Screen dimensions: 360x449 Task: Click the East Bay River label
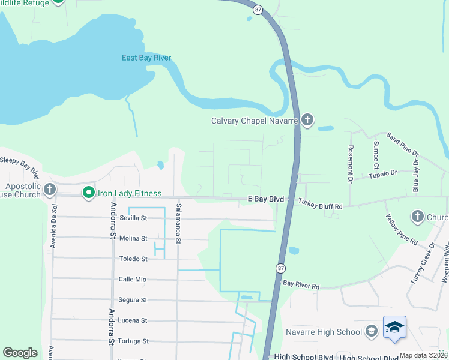click(x=146, y=58)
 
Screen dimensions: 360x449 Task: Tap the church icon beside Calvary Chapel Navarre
click(x=307, y=121)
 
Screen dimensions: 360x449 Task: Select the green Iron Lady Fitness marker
click(x=89, y=193)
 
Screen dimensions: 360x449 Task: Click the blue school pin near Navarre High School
click(x=394, y=327)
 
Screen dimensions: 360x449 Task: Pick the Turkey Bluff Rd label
click(x=321, y=206)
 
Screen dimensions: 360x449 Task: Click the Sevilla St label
click(x=133, y=218)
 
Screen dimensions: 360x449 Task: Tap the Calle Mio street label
click(x=133, y=280)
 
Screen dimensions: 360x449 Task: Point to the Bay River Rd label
click(x=301, y=284)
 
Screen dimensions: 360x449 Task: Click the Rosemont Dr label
click(x=349, y=163)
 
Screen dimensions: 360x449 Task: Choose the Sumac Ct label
click(x=376, y=155)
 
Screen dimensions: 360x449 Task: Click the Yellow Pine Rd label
click(x=401, y=229)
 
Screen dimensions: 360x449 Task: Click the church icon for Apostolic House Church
click(x=50, y=190)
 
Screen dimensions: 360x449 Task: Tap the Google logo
click(x=20, y=353)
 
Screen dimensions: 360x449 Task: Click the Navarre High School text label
click(x=332, y=332)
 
